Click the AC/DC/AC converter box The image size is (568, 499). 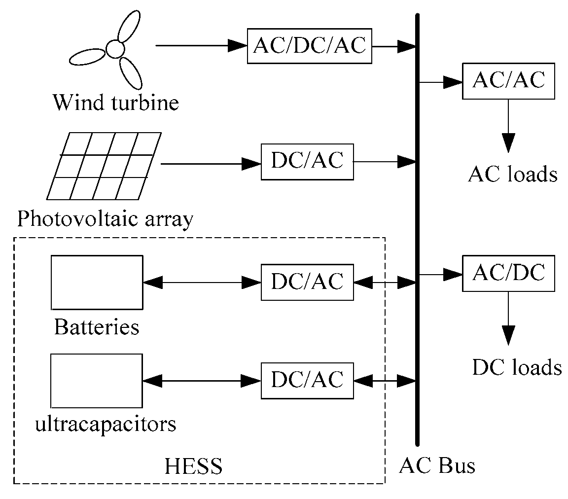[x=309, y=46]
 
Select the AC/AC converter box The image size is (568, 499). [x=508, y=81]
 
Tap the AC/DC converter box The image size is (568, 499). [x=508, y=273]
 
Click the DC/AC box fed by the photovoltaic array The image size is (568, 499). [x=307, y=161]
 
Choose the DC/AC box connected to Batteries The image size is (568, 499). [x=307, y=282]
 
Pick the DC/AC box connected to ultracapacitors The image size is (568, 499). [x=307, y=380]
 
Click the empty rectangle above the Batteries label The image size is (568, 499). [x=97, y=282]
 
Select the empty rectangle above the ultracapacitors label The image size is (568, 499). [x=97, y=380]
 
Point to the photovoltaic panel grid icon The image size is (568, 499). [x=104, y=166]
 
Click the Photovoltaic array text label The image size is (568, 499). [x=105, y=218]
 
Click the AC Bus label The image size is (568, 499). [x=437, y=465]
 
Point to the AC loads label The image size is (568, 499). [x=512, y=175]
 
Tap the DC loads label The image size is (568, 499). [x=517, y=368]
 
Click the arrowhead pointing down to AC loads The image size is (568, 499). [x=508, y=142]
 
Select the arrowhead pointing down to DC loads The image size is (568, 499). [x=508, y=335]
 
